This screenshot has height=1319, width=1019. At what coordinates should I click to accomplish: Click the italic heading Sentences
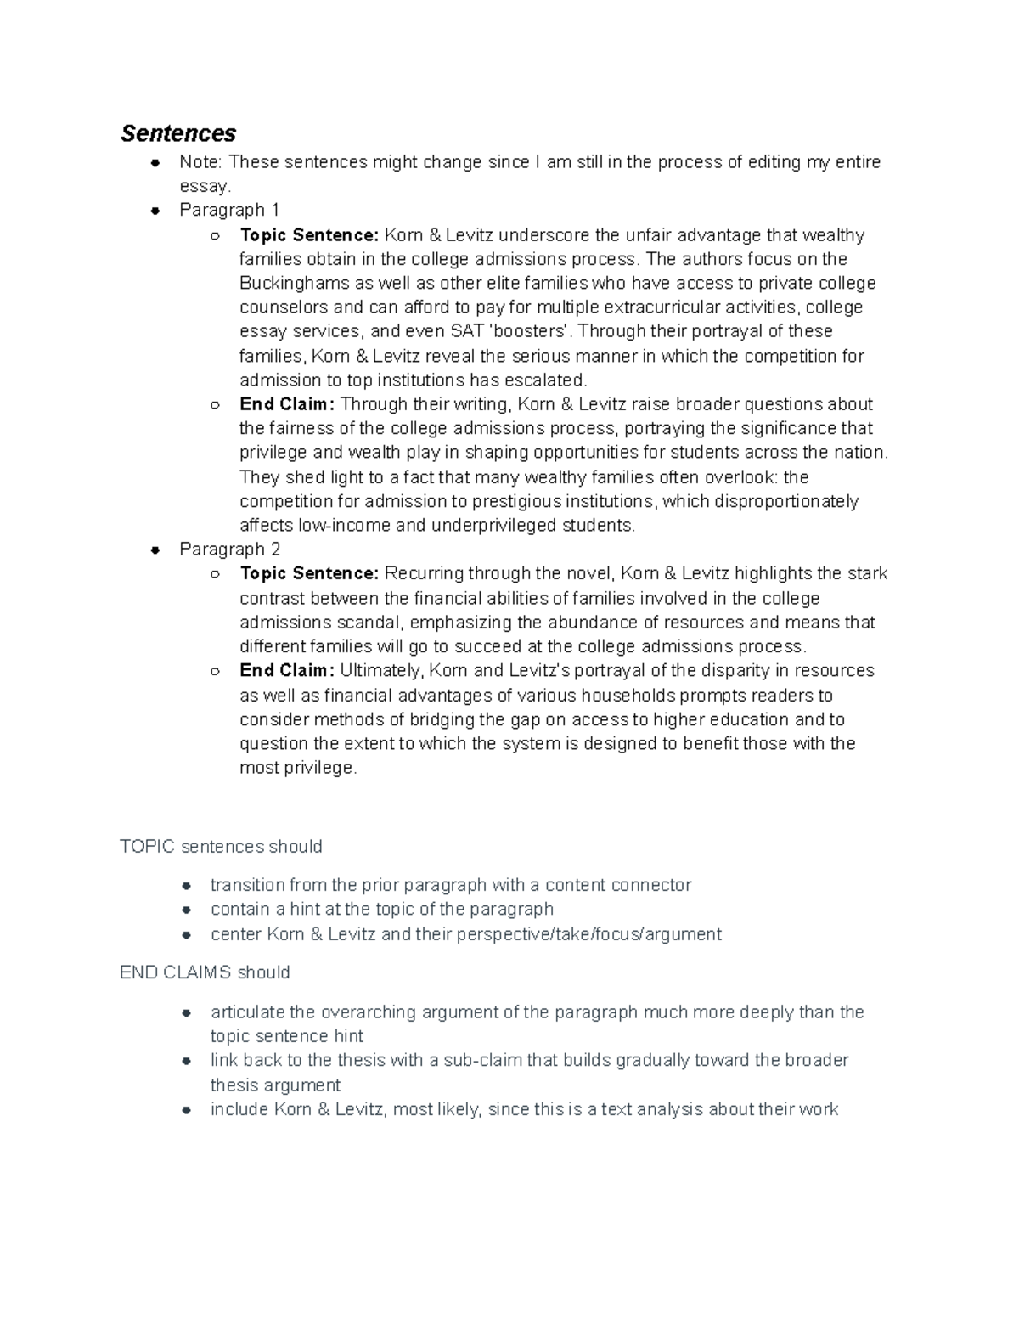178,133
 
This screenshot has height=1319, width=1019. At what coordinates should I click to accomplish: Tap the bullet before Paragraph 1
155,210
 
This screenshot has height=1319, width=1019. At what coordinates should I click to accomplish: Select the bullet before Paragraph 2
155,550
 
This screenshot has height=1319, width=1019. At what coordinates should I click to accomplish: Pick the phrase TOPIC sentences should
221,847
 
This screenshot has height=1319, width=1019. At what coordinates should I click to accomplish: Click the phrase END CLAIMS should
205,972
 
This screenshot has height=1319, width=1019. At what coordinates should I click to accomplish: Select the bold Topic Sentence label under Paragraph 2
309,574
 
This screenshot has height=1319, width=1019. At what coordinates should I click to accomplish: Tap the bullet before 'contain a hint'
186,910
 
